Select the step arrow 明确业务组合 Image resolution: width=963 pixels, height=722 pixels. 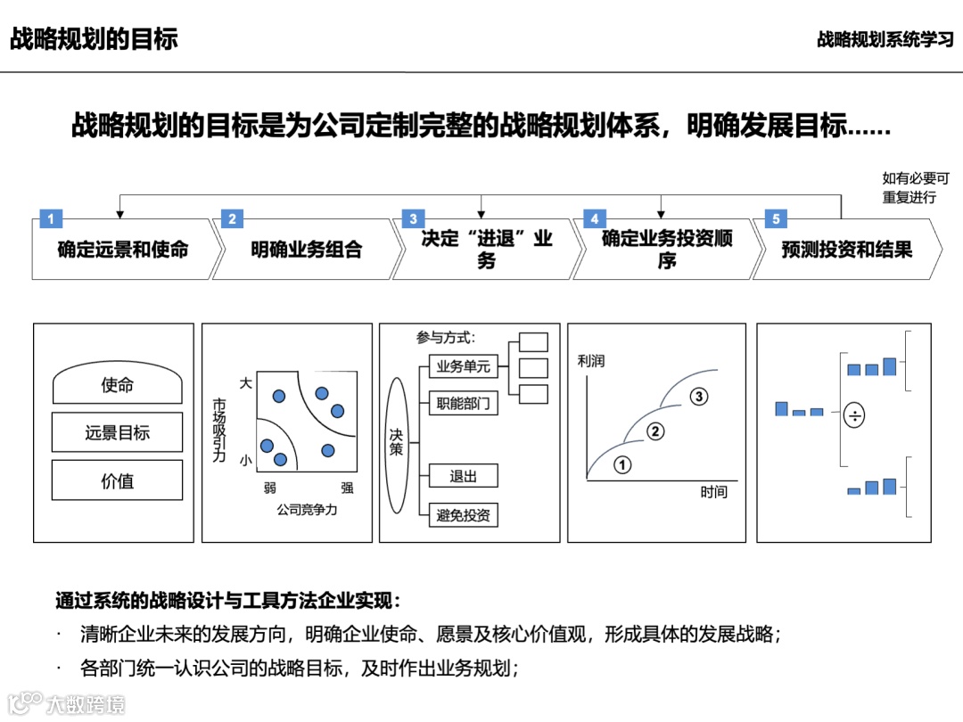(306, 250)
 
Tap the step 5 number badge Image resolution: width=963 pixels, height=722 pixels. (776, 219)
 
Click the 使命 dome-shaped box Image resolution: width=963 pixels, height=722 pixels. (117, 385)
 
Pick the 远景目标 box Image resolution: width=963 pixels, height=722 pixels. (117, 433)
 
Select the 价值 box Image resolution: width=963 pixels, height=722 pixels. (117, 481)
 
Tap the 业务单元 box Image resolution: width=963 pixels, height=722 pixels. (463, 366)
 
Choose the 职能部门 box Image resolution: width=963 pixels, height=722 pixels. (463, 404)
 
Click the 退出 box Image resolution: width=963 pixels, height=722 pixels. (463, 476)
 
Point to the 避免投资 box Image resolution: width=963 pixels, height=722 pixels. (463, 515)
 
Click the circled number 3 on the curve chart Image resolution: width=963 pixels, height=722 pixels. (699, 396)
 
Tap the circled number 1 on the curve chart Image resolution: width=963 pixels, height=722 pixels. (622, 464)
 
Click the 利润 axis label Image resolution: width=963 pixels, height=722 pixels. (590, 361)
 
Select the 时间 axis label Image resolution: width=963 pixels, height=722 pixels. (713, 492)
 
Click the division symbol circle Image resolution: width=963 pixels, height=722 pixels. (854, 414)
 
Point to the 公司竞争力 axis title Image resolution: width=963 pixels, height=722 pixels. (306, 511)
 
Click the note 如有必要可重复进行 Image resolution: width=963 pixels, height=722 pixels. (915, 187)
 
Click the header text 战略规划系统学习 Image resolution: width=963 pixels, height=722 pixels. (885, 40)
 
